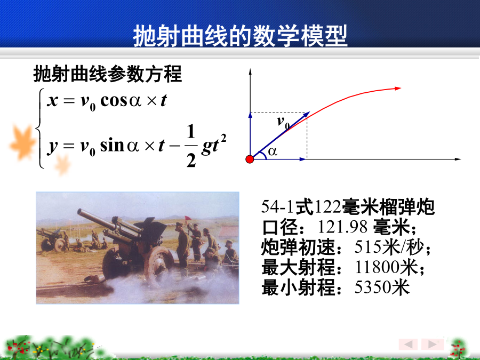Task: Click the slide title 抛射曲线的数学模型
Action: [x=241, y=36]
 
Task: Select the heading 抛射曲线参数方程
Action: [x=107, y=74]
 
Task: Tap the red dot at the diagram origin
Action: [x=250, y=159]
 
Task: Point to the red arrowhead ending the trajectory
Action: [x=398, y=89]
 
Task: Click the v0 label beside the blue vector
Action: [x=283, y=122]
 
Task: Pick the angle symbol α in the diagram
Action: [x=273, y=151]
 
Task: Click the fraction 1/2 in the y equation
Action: [x=191, y=146]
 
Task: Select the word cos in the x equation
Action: [x=114, y=101]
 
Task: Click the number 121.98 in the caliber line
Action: [x=342, y=227]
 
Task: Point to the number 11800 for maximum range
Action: [x=378, y=267]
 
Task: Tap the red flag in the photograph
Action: [x=188, y=218]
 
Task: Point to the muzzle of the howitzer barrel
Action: [x=80, y=212]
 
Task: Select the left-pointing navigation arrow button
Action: [x=409, y=344]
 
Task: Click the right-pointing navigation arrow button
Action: [x=433, y=344]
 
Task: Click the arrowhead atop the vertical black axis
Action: [x=250, y=72]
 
